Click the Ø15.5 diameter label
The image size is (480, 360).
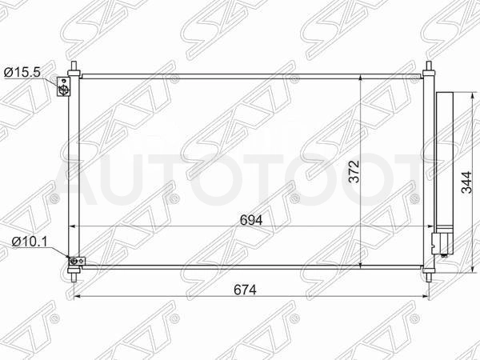[22, 73]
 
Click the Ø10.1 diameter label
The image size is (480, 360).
[30, 242]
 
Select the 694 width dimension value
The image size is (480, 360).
[251, 220]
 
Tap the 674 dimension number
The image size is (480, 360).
[245, 290]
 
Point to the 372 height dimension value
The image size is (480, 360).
[354, 171]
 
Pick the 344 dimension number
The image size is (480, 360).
[466, 182]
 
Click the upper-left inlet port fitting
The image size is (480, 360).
[64, 86]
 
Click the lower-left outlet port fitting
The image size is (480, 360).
[77, 261]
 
